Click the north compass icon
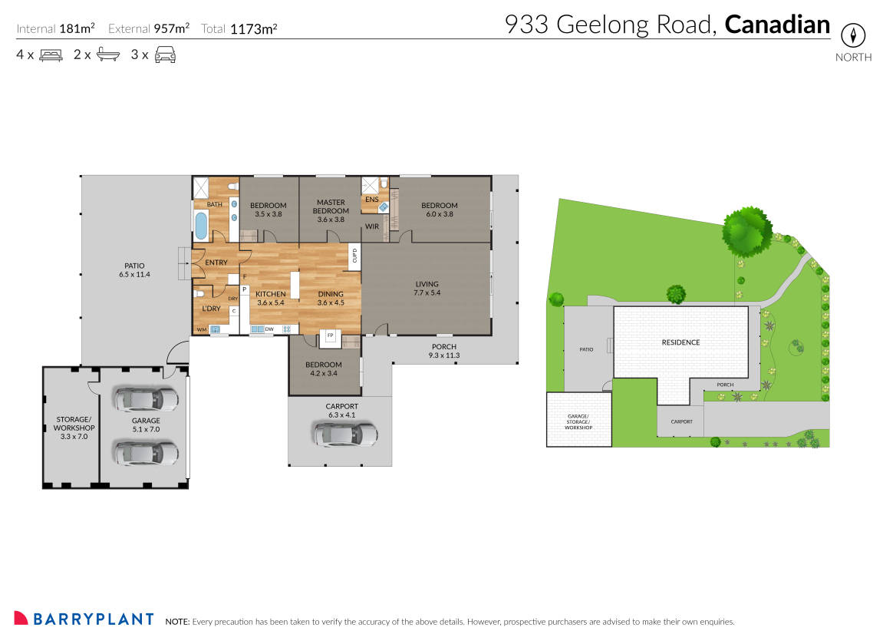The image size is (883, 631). [853, 35]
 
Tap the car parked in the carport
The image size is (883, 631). [345, 434]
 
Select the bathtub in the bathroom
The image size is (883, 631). [201, 226]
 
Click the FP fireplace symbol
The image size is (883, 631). [331, 335]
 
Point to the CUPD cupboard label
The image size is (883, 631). [354, 255]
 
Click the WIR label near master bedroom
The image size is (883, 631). [372, 226]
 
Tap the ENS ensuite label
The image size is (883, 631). [371, 200]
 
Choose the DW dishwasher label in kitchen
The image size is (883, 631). [269, 329]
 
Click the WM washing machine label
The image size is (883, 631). [201, 329]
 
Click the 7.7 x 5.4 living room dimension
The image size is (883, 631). [427, 292]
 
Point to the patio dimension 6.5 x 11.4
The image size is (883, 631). [134, 274]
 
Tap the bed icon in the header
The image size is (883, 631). [51, 55]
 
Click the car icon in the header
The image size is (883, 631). [166, 55]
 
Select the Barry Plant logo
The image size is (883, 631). [84, 619]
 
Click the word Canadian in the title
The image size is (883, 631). [777, 25]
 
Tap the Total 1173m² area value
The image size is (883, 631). [253, 29]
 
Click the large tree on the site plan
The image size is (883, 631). [746, 232]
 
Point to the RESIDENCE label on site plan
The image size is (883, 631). [680, 342]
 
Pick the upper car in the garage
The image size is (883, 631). [146, 398]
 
